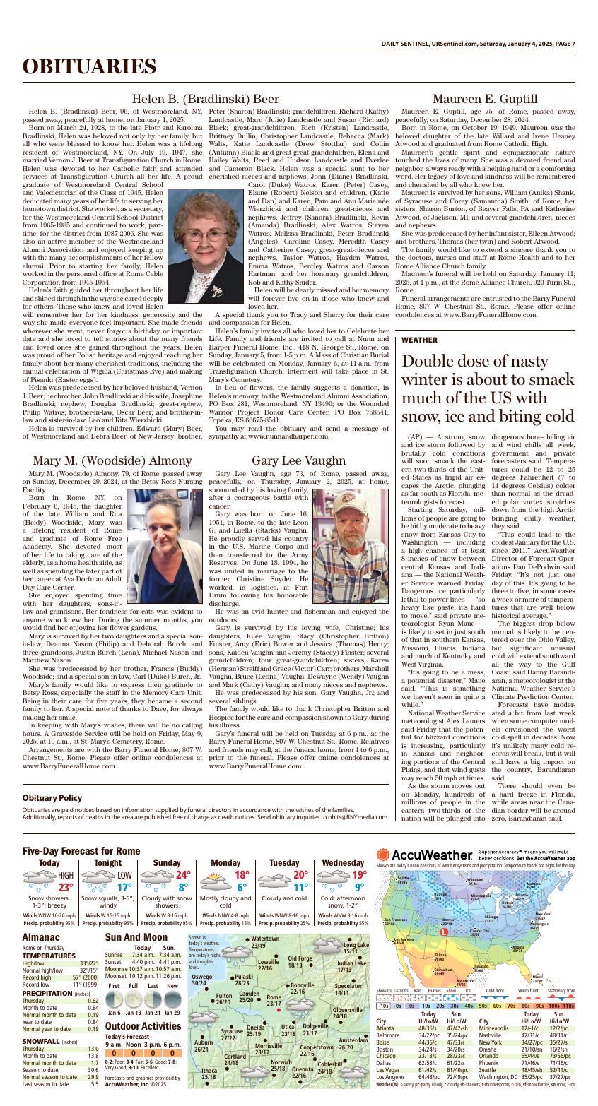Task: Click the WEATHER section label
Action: [419, 340]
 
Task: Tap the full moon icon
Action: [133, 999]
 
